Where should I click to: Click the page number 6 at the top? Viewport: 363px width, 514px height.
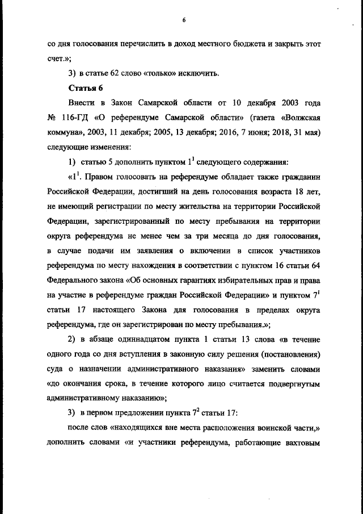184,20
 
